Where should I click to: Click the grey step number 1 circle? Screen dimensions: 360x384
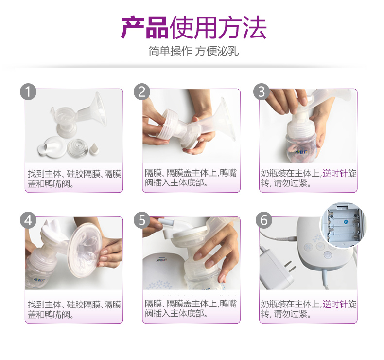click(29, 91)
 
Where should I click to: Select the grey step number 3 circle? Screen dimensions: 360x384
click(261, 91)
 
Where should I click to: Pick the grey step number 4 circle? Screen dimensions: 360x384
click(29, 220)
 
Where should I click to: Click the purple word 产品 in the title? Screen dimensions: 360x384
click(144, 28)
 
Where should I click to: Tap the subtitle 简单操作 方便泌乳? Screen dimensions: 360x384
click(193, 52)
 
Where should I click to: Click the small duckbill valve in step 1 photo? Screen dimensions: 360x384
click(95, 148)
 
